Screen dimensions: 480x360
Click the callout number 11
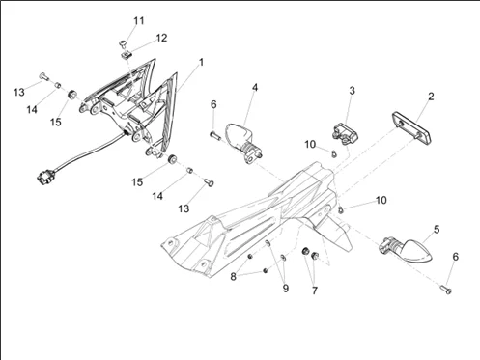coord(139,21)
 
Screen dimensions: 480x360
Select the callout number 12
coord(161,38)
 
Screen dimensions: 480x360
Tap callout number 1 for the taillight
coord(202,62)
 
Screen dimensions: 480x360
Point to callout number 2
coord(431,97)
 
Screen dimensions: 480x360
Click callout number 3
coord(352,91)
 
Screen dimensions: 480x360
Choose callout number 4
coord(255,87)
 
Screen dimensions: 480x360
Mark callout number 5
coord(437,230)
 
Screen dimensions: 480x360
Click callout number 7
coord(315,291)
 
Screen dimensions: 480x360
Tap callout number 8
coord(233,276)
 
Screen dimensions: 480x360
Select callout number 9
coord(285,289)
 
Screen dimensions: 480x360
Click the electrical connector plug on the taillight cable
coord(44,178)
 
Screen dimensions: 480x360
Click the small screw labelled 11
coord(123,43)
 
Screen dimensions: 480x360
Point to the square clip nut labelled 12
coord(127,55)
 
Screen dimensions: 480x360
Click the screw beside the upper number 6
coord(215,136)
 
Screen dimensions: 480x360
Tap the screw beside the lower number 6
coord(445,290)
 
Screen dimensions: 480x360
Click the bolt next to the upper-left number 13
coord(44,76)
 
